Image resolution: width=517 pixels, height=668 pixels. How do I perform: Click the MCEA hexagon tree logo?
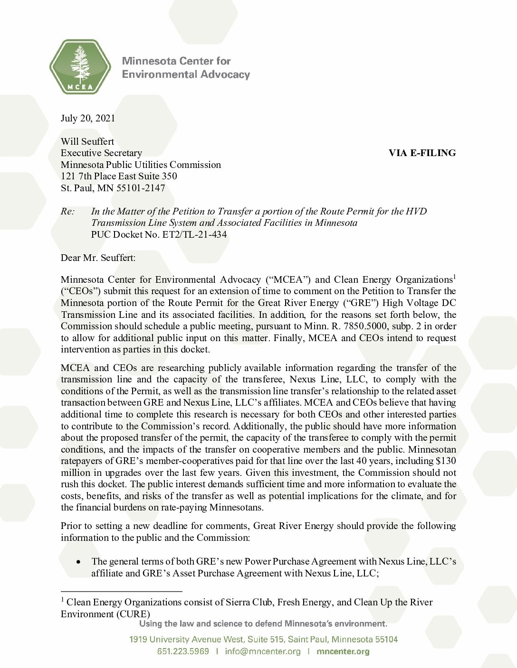80,66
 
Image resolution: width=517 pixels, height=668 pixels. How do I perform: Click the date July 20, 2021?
88,118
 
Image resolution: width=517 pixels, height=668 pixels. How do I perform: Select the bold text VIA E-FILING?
422,153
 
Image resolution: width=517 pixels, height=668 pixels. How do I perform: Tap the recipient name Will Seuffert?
87,141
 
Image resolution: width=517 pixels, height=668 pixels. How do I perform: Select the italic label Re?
67,211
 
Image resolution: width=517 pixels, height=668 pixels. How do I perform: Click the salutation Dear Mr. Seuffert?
98,258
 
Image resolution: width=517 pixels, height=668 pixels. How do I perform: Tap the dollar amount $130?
445,461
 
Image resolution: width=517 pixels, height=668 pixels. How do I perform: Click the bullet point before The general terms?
78,562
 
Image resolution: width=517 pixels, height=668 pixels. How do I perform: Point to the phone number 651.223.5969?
183,651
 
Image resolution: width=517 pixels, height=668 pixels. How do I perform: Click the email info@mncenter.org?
263,651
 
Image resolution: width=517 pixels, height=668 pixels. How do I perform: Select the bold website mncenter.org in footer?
343,651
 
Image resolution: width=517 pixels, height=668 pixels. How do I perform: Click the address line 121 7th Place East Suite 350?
119,176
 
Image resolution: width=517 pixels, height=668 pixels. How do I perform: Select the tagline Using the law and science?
263,623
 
